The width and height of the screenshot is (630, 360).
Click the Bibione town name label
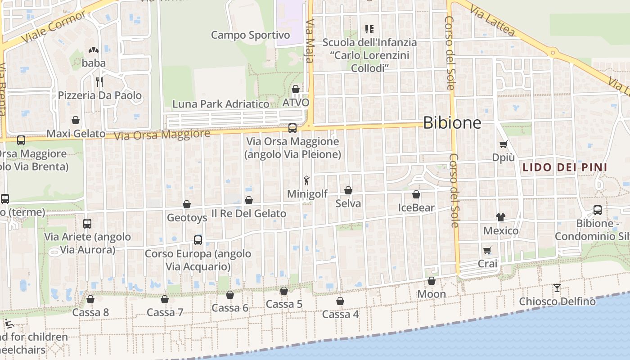pos(452,123)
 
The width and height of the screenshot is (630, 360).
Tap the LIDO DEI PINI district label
pos(565,168)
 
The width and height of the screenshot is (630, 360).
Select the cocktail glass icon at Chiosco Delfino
pos(557,288)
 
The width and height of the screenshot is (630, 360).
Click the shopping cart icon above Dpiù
pos(503,144)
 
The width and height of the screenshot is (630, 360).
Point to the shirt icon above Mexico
pos(501,217)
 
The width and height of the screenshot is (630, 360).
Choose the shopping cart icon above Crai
pos(487,250)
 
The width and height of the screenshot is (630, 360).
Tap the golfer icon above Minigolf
pos(307,180)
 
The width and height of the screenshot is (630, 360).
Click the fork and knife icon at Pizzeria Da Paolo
pos(99,81)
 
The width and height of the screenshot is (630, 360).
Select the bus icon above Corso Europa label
pos(198,240)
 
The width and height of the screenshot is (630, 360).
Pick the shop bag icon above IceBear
pos(416,194)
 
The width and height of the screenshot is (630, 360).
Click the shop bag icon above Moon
pos(432,281)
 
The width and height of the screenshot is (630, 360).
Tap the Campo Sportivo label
pos(251,35)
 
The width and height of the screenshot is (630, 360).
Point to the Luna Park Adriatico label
pos(221,104)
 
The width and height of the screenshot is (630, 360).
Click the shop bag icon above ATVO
pos(296,90)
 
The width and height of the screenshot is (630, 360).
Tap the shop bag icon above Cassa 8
pos(90,299)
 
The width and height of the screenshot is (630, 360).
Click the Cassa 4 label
pos(341,314)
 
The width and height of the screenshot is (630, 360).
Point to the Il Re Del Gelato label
pos(249,213)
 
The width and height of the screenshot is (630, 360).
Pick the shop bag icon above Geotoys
pos(187,204)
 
